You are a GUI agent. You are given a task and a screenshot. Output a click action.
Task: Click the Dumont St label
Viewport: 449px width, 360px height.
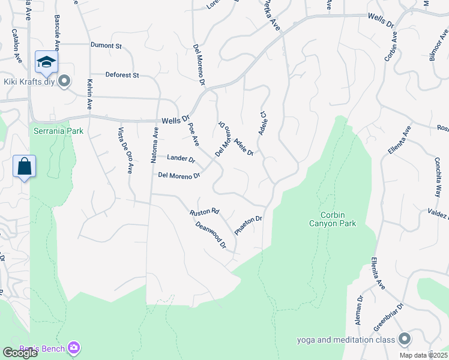[x=106, y=45]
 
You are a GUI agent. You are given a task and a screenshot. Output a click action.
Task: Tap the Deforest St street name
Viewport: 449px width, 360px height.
[x=122, y=75]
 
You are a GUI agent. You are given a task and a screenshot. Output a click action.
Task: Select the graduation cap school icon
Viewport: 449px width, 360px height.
[x=46, y=61]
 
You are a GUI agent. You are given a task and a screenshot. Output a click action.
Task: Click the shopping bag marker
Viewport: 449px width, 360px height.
[x=25, y=166]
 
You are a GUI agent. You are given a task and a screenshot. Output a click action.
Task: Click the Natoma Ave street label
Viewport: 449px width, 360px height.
[x=155, y=145]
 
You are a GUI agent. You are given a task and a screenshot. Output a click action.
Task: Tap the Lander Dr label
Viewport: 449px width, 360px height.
[x=181, y=159]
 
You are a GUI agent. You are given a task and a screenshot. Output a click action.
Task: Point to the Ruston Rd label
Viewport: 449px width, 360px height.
[x=205, y=212]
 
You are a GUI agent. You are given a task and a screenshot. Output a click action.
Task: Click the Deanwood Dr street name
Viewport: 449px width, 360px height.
[x=210, y=235]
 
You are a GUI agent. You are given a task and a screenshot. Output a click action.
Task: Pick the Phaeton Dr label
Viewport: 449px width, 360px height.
[x=249, y=226]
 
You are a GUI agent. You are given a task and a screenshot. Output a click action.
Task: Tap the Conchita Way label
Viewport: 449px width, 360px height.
[x=438, y=178]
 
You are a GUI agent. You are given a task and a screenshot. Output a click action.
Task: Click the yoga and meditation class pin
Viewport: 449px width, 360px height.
[x=405, y=340]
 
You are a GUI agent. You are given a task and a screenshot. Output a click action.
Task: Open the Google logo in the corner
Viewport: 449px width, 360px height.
[x=20, y=353]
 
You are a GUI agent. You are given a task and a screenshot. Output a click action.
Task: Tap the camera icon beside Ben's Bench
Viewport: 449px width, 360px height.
[x=74, y=347]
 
